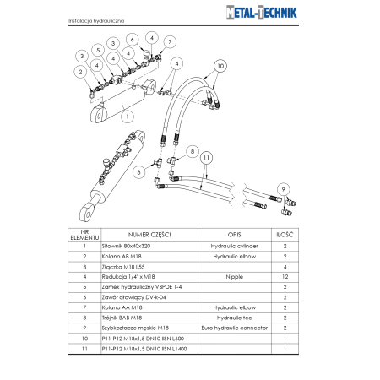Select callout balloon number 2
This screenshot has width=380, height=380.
click(82, 72)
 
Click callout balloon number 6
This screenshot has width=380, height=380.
click(132, 39)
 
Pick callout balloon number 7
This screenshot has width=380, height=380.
click(170, 41)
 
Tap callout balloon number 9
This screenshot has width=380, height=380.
click(284, 188)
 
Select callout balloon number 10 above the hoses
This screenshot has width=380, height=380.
click(220, 65)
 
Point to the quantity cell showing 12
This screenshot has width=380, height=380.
click(285, 276)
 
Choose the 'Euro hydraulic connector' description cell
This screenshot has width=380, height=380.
click(236, 327)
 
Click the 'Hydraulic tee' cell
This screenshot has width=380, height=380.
click(236, 317)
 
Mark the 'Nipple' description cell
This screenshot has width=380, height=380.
click(236, 276)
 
